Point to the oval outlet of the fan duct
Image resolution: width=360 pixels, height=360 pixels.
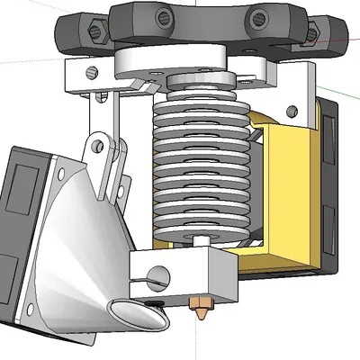[x=135, y=315]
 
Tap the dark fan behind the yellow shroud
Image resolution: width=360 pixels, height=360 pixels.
[x=328, y=180]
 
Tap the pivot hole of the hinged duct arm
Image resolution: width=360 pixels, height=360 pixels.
[x=97, y=141]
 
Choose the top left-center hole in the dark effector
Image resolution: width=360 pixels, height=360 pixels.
[x=161, y=16]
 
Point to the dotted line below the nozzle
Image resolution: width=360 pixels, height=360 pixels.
[x=197, y=342]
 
